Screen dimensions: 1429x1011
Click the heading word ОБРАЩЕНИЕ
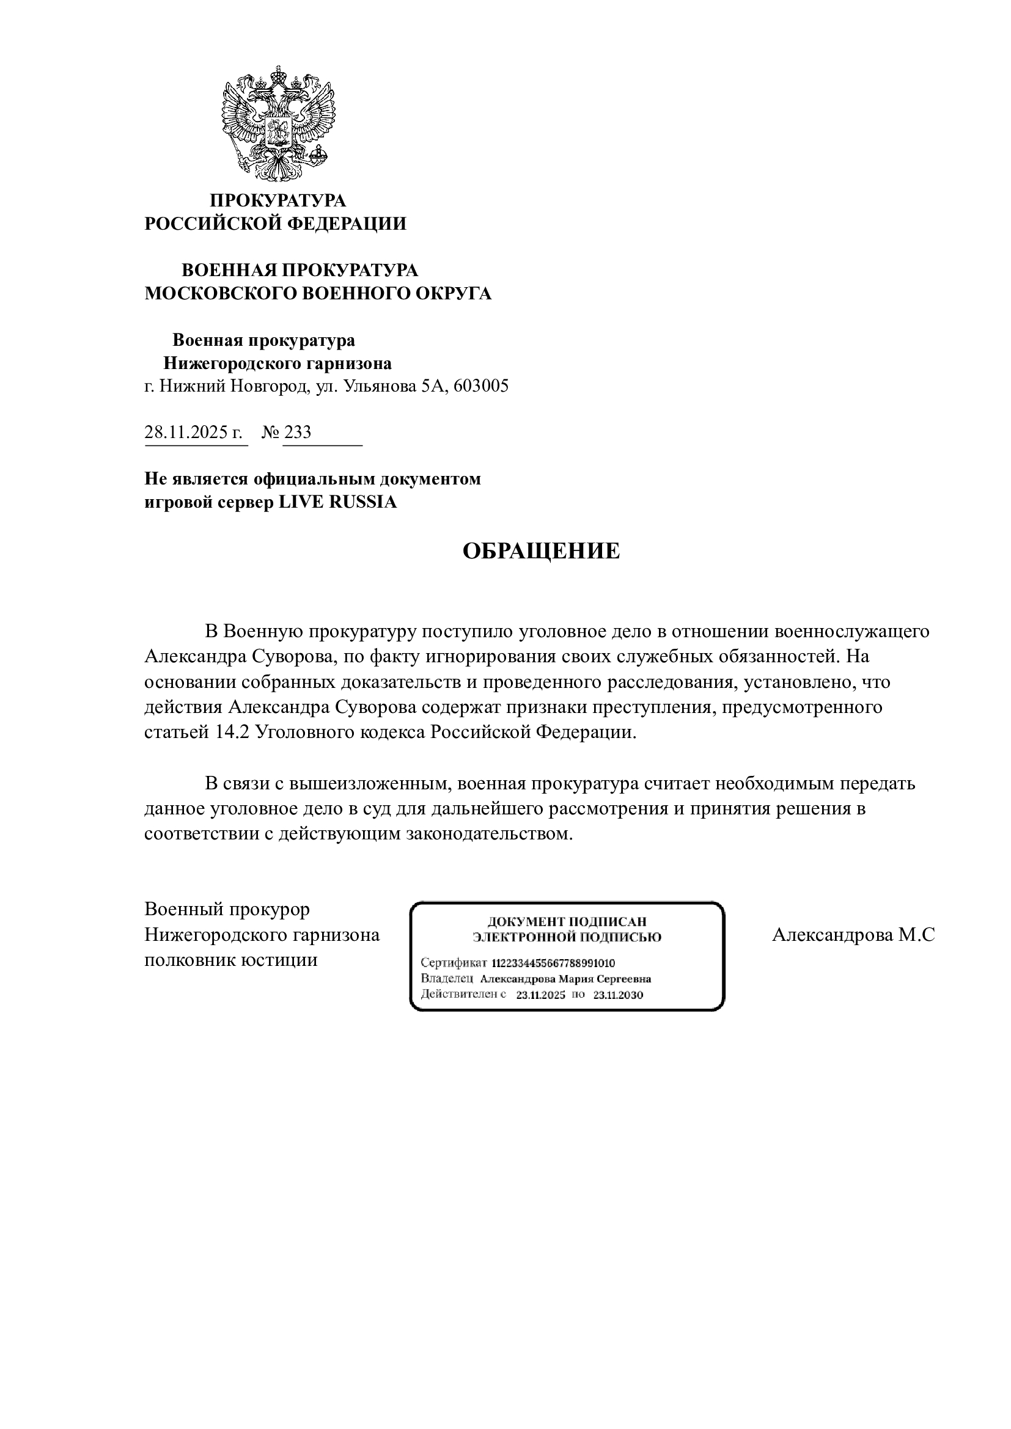click(x=540, y=552)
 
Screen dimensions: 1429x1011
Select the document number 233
click(x=298, y=432)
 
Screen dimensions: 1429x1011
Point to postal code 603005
click(x=480, y=387)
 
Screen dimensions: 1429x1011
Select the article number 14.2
click(x=232, y=732)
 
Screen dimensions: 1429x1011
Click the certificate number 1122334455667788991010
click(x=553, y=963)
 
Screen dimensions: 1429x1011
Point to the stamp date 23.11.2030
click(x=617, y=995)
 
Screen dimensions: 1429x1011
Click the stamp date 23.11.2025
click(x=540, y=995)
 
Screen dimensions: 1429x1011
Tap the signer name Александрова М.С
click(x=853, y=935)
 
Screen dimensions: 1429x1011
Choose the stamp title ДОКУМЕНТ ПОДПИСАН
click(x=567, y=922)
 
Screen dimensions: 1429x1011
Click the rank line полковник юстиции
click(x=231, y=960)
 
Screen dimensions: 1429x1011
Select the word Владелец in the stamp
click(x=446, y=979)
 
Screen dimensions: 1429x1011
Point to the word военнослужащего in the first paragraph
click(x=851, y=631)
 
